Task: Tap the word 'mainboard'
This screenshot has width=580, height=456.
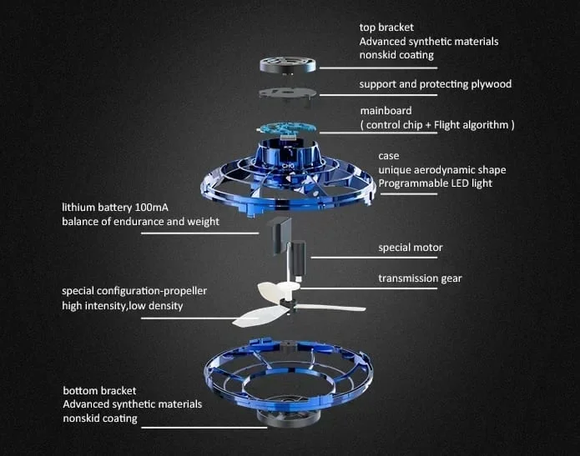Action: tap(386, 111)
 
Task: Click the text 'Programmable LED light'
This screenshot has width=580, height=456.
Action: tap(435, 184)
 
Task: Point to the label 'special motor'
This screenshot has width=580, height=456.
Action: tap(411, 248)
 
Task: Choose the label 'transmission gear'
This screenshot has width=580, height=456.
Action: tap(420, 278)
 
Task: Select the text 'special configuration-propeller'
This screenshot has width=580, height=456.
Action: tap(134, 291)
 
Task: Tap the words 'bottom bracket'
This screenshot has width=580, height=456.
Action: tap(99, 390)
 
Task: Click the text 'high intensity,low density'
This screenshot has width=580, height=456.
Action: tap(122, 306)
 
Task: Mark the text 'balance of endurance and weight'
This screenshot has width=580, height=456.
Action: tap(140, 222)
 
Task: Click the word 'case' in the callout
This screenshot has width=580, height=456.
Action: tap(388, 156)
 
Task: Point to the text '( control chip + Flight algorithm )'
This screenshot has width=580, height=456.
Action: tap(437, 125)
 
